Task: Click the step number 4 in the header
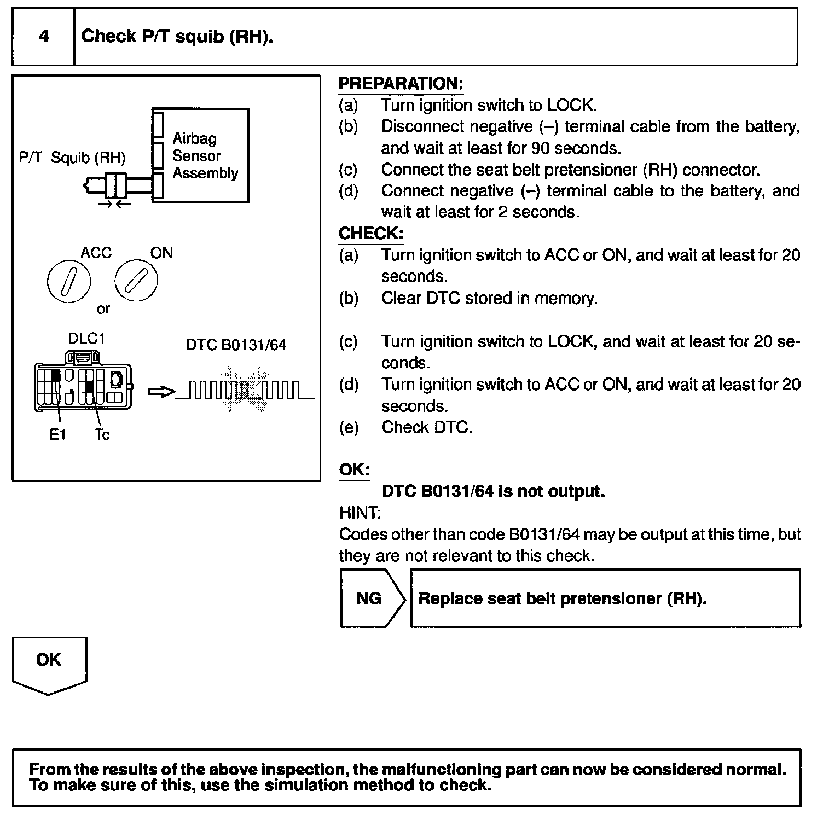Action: pos(44,37)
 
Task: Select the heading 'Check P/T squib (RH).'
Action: pos(177,37)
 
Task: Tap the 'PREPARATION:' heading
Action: pos(401,84)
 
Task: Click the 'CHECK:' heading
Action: pos(371,234)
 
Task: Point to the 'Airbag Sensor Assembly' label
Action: pos(205,156)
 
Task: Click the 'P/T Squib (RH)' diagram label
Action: pos(72,158)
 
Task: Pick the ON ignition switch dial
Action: pos(136,281)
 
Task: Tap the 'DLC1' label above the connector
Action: pos(86,339)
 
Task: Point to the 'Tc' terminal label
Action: pos(102,435)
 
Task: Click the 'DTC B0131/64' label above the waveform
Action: pos(236,345)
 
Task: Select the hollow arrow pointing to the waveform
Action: pos(161,392)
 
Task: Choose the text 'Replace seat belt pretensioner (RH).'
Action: pos(563,598)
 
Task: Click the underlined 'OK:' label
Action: pos(355,470)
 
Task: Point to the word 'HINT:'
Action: pos(360,513)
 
